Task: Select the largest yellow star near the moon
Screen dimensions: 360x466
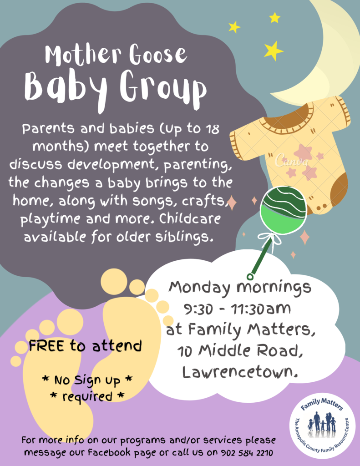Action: [273, 51]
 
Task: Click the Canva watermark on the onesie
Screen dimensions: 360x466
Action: [291, 160]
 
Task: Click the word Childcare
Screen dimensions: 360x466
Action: [190, 219]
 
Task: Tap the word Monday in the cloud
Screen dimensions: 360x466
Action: [199, 288]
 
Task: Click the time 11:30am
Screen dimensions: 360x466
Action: [260, 309]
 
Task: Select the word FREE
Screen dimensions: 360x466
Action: [46, 346]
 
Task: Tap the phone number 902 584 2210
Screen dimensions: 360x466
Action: [247, 453]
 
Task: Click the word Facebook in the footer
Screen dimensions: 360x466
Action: [109, 453]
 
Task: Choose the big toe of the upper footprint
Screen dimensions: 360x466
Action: [113, 281]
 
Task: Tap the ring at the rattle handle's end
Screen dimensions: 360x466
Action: [250, 277]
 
